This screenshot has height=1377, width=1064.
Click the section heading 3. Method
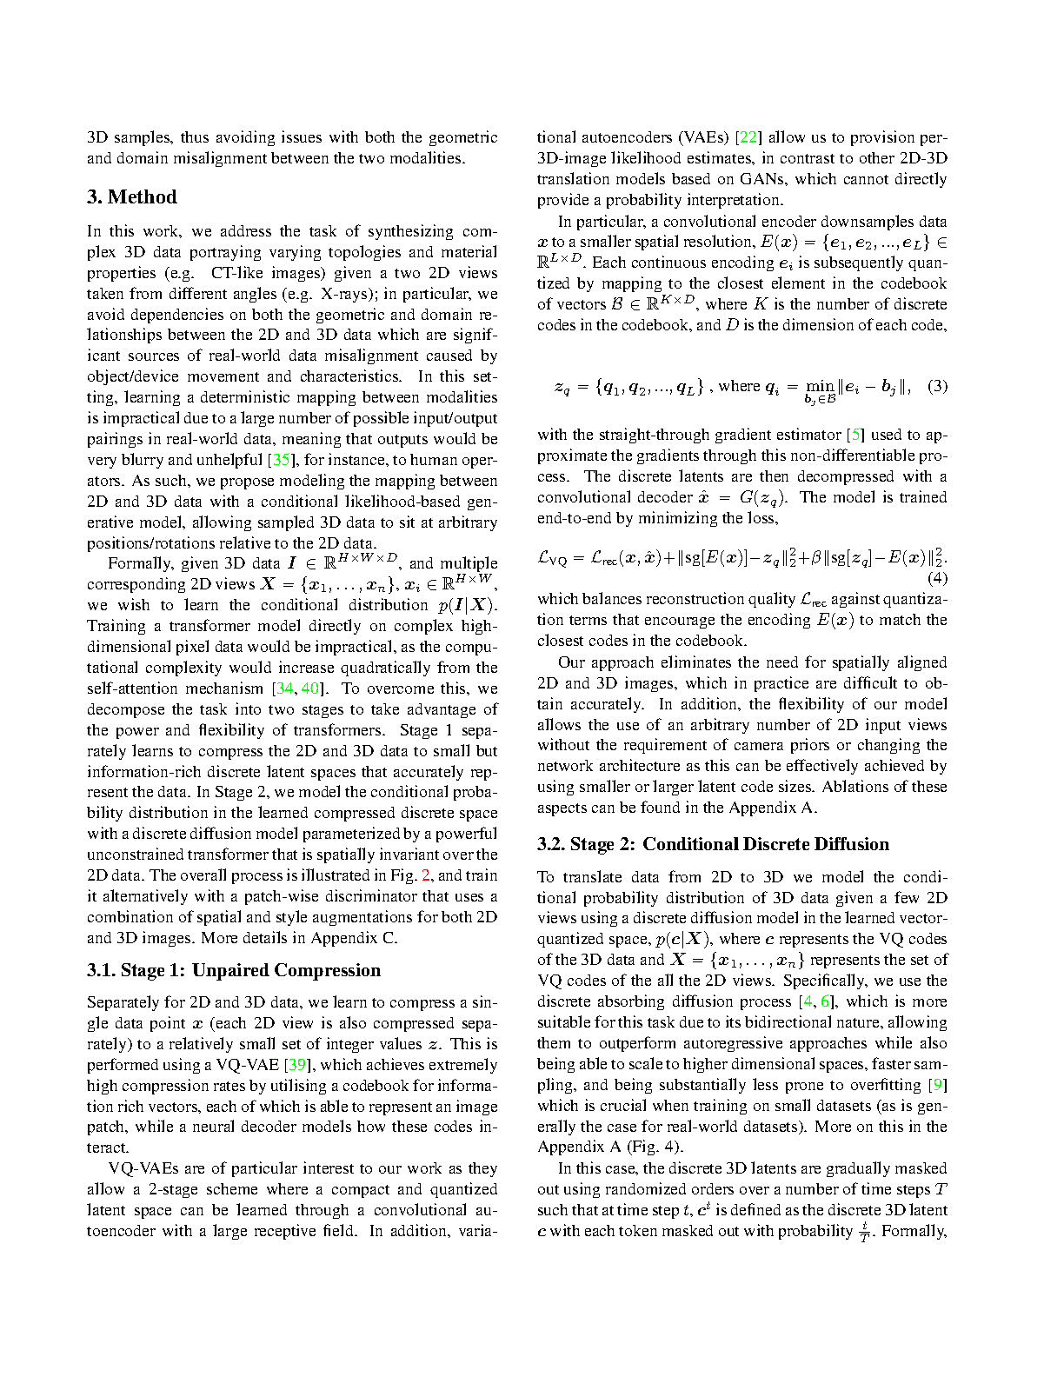(131, 197)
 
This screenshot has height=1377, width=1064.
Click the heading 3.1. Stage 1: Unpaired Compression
(233, 970)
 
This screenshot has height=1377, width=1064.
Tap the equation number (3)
(937, 386)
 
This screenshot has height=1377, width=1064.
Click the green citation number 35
(282, 460)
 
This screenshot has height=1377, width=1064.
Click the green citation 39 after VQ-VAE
(298, 1065)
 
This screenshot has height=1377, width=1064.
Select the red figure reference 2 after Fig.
(426, 875)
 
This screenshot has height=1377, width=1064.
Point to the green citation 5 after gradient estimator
(858, 435)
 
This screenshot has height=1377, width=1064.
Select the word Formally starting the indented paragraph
(140, 563)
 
